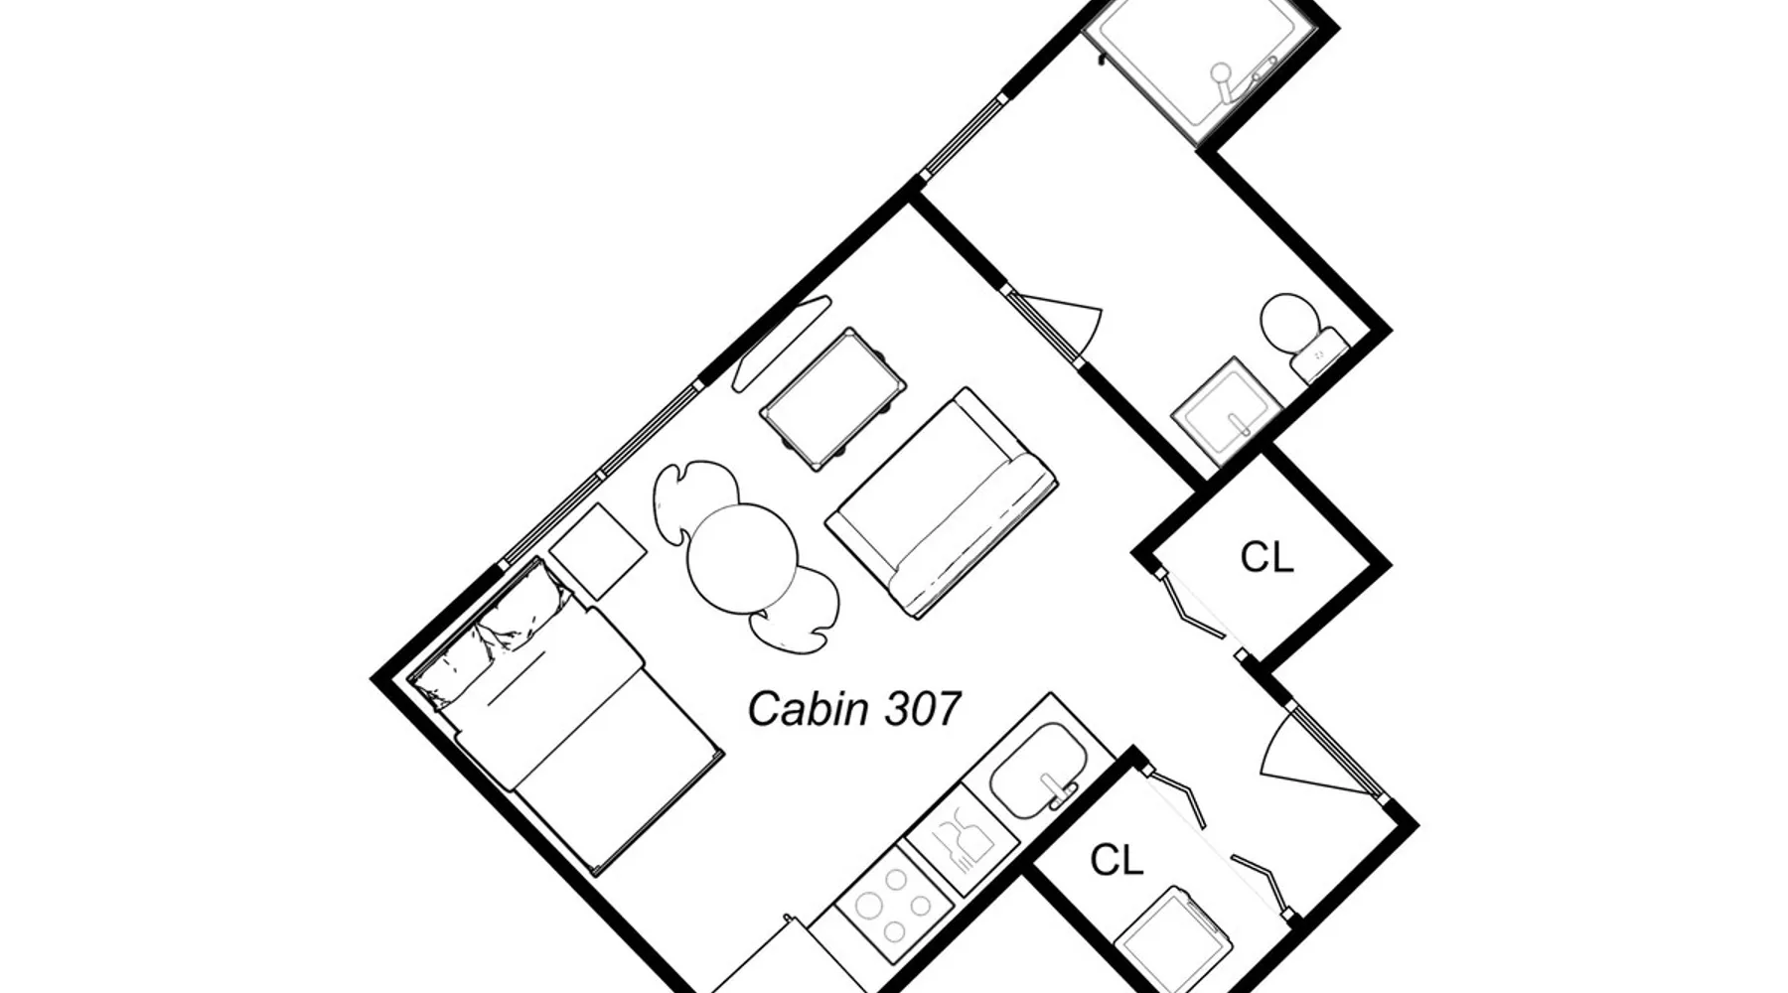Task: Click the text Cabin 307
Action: [853, 709]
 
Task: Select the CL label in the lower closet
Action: [1117, 860]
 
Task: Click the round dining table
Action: [743, 559]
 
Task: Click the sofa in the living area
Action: [941, 502]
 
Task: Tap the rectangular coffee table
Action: [833, 398]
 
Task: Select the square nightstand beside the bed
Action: [598, 551]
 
